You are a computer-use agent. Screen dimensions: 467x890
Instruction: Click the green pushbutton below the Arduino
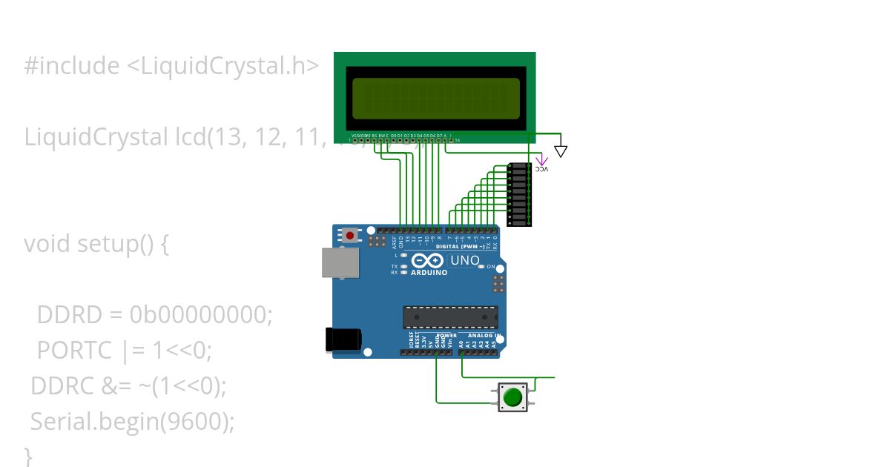tap(512, 397)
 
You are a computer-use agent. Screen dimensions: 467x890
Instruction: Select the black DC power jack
tap(343, 340)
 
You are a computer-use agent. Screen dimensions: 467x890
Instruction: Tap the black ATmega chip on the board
tap(450, 317)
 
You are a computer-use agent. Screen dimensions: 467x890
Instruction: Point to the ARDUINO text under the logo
tap(429, 272)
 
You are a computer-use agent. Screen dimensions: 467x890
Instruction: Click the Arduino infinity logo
tap(428, 260)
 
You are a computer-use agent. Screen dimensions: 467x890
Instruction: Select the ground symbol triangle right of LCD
tap(561, 151)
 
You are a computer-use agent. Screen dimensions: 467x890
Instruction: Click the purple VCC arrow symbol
tap(542, 160)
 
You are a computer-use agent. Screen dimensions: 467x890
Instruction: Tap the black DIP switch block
tap(519, 194)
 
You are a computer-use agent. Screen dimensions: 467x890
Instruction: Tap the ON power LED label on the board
tap(491, 266)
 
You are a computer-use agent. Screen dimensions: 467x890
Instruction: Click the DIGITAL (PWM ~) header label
tap(461, 246)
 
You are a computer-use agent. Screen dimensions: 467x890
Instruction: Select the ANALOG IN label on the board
tap(482, 335)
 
